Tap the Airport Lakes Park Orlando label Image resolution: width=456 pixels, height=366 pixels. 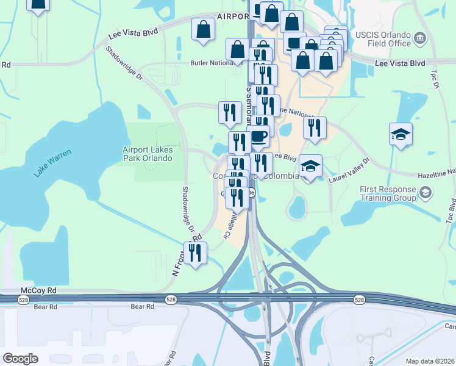[x=148, y=154]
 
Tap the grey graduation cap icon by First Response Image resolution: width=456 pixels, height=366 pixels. [x=425, y=193]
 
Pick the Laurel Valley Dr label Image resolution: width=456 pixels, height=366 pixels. [x=349, y=169]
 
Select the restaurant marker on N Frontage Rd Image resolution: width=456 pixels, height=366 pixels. [x=195, y=253]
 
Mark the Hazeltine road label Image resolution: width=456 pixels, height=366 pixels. [x=436, y=175]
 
